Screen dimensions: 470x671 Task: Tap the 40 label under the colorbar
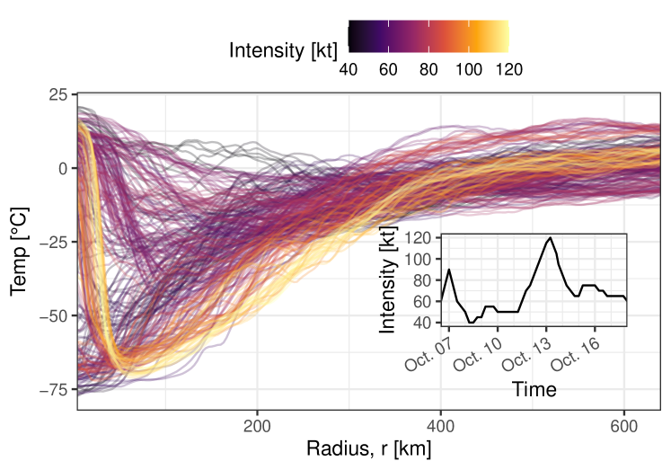[x=349, y=70]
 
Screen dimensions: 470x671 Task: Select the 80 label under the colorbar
[x=428, y=70]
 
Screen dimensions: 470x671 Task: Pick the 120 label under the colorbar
[x=508, y=70]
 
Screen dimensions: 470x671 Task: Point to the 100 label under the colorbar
[x=468, y=70]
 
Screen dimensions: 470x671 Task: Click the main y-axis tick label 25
[x=57, y=94]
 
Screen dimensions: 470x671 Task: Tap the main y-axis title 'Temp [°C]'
[x=17, y=250]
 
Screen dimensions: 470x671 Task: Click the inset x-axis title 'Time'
[x=534, y=389]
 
